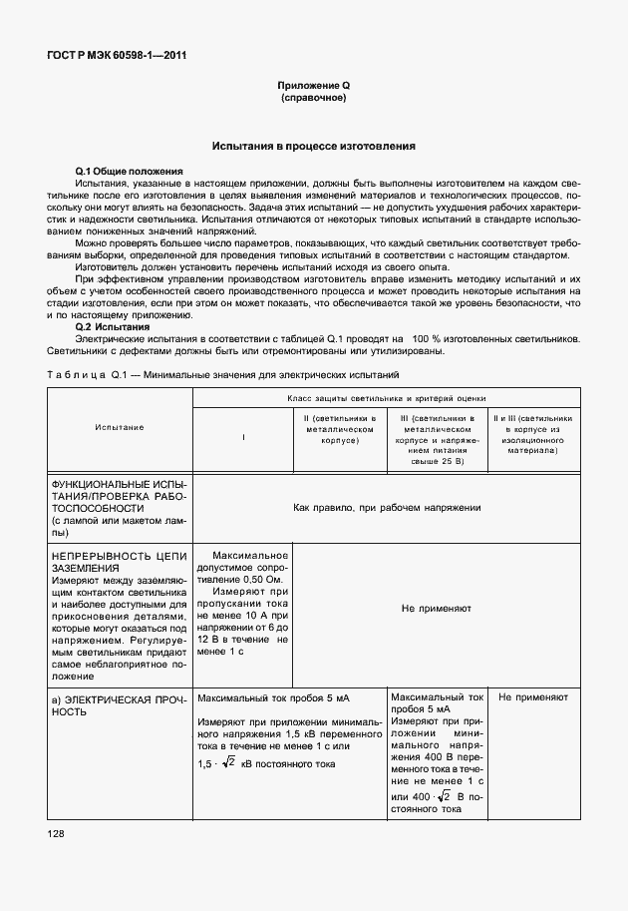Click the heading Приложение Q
(313, 88)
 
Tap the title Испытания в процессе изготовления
(313, 146)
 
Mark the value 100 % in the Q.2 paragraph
(425, 338)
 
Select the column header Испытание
(120, 427)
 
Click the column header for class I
(243, 438)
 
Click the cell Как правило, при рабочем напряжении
(388, 507)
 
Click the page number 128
(54, 833)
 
